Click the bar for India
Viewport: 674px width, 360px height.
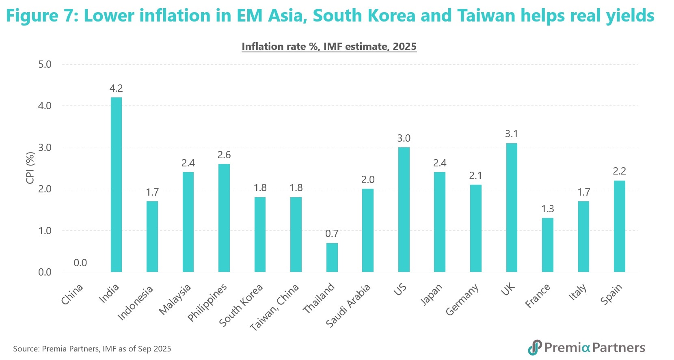click(x=116, y=185)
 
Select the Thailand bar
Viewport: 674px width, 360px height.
click(x=332, y=257)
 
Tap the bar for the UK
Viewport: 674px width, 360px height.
click(x=512, y=207)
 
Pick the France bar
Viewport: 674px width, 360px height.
click(x=547, y=245)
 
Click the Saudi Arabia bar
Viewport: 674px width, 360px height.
click(x=368, y=230)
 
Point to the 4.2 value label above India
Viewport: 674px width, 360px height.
click(x=116, y=88)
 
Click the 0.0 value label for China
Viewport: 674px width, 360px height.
click(x=80, y=263)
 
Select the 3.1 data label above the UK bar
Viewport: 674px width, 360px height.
click(x=512, y=134)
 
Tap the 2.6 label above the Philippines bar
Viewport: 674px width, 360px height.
click(x=224, y=155)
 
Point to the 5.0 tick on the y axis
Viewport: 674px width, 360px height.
click(x=45, y=64)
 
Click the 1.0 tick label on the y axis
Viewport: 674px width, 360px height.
click(x=45, y=231)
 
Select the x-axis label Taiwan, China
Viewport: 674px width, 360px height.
click(x=274, y=307)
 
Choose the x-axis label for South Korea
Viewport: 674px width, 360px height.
click(x=241, y=305)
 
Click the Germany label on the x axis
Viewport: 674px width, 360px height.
click(x=462, y=300)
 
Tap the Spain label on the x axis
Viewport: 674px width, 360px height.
click(x=611, y=294)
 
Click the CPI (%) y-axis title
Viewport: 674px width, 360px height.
click(x=30, y=168)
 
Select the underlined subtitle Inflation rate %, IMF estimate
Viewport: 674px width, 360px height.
click(x=329, y=47)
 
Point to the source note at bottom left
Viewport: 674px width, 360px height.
click(x=92, y=349)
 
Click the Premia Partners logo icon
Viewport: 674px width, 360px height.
click(x=534, y=347)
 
